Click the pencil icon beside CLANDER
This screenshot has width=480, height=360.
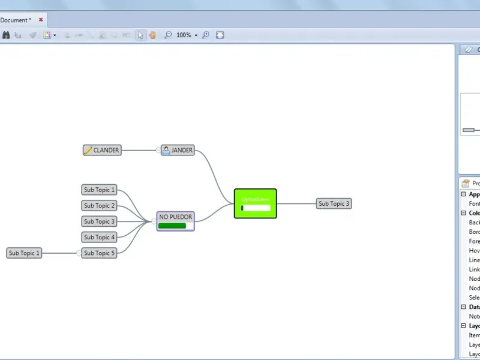pyautogui.click(x=88, y=150)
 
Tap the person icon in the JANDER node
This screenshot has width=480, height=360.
pyautogui.click(x=166, y=150)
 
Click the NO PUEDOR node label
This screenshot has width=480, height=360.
pyautogui.click(x=176, y=217)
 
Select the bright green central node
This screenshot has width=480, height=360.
pyautogui.click(x=255, y=203)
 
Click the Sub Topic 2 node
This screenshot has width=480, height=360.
pyautogui.click(x=99, y=206)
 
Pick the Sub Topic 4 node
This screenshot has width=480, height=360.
pyautogui.click(x=99, y=237)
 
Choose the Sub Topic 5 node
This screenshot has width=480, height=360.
pyautogui.click(x=99, y=253)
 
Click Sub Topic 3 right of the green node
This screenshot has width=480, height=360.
pyautogui.click(x=334, y=203)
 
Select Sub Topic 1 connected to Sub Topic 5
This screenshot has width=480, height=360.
pyautogui.click(x=24, y=253)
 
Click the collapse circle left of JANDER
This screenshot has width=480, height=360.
pyautogui.click(x=158, y=150)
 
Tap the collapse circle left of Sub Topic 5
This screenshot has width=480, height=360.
pyautogui.click(x=79, y=253)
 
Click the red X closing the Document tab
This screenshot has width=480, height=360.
pyautogui.click(x=41, y=20)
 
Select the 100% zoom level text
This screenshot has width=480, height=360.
pyautogui.click(x=184, y=35)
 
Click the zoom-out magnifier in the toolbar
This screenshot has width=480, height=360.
pyautogui.click(x=168, y=35)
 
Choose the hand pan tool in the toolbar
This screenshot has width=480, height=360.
pyautogui.click(x=152, y=35)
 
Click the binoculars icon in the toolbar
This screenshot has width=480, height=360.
pyautogui.click(x=6, y=35)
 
